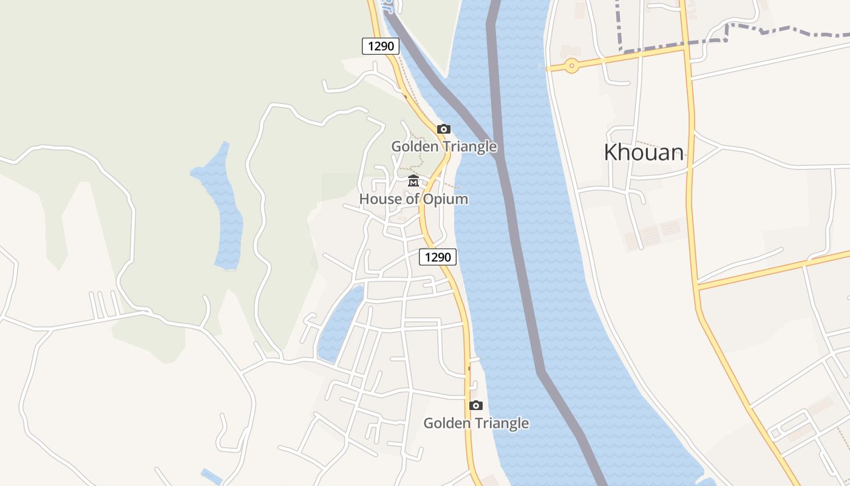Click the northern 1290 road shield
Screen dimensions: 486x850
pyautogui.click(x=381, y=46)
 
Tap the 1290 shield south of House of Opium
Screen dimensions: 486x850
pyautogui.click(x=437, y=257)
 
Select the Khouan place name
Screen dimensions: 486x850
pyautogui.click(x=643, y=152)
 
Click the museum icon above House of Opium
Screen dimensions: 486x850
pyautogui.click(x=413, y=181)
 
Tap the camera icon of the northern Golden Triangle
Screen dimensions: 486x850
pyautogui.click(x=444, y=129)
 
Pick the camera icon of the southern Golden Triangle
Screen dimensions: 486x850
pyautogui.click(x=476, y=405)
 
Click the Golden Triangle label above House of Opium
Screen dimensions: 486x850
pyautogui.click(x=444, y=146)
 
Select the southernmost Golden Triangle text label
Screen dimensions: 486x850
pyautogui.click(x=476, y=423)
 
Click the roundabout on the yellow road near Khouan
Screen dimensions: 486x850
pyautogui.click(x=571, y=66)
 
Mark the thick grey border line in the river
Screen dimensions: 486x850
pyautogui.click(x=516, y=243)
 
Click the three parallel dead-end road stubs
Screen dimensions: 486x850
pyautogui.click(x=104, y=304)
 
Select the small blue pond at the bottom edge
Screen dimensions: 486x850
pyautogui.click(x=211, y=477)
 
